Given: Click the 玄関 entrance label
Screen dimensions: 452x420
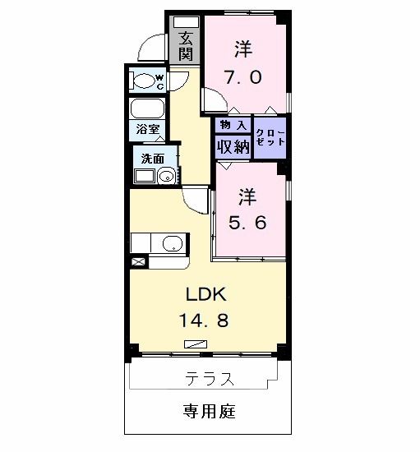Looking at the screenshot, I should coord(187,46).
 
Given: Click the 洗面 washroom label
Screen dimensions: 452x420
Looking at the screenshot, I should coord(152,158).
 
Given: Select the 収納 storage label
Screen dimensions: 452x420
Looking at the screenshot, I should coord(233,146).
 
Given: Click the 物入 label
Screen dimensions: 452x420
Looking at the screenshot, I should coord(233,125).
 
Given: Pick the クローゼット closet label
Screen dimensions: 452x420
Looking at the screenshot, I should coord(270,136).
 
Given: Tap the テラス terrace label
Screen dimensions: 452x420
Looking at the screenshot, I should coord(209,380).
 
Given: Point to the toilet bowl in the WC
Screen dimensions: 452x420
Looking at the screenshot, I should coord(147,81).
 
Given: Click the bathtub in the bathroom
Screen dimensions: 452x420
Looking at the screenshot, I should coord(148,110).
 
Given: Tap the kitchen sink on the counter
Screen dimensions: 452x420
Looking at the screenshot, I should coord(173,243).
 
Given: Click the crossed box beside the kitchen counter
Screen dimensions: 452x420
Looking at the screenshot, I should coord(137,262).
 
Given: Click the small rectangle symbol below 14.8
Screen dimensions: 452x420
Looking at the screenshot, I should coord(196,344).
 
